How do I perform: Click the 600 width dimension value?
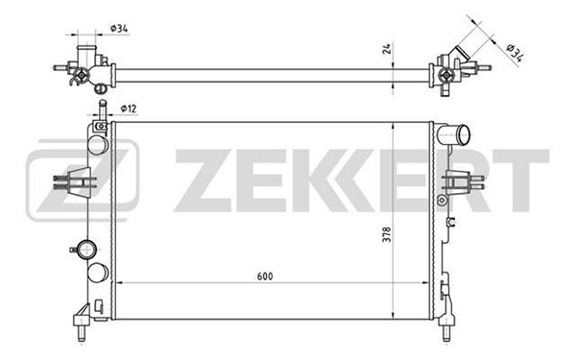tap(265, 276)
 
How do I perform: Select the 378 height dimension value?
tap(387, 234)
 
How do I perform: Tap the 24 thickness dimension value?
tap(387, 49)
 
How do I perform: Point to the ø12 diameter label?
tap(129, 108)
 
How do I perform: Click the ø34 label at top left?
tap(119, 28)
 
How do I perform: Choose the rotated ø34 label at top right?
tap(515, 52)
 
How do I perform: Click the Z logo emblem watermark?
tap(83, 180)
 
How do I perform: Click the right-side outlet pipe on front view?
tap(454, 134)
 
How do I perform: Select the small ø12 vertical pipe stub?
tap(103, 109)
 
